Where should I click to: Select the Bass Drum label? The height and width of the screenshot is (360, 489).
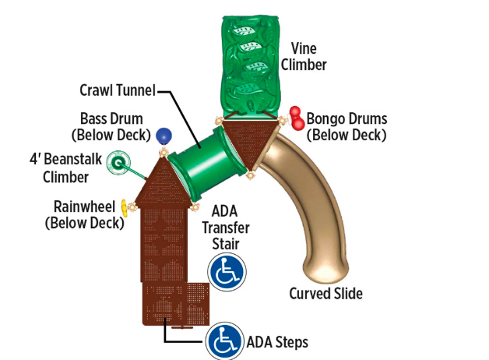pos(111,127)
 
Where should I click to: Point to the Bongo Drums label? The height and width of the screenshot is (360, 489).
pos(347,127)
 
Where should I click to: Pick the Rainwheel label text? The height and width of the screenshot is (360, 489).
pos(84,215)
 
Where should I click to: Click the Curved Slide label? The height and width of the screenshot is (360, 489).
pos(325,294)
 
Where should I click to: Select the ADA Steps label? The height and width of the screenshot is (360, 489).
pos(277,342)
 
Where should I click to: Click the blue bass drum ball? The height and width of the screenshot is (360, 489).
pos(163,136)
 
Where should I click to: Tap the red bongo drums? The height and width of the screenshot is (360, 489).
pos(296,118)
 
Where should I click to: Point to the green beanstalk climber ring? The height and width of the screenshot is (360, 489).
pos(118,164)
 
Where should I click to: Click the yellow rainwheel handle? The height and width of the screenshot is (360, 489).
pos(124,207)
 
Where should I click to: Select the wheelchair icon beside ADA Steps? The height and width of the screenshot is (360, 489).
pos(224,341)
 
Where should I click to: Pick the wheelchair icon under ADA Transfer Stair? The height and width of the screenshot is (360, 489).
pos(226,272)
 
